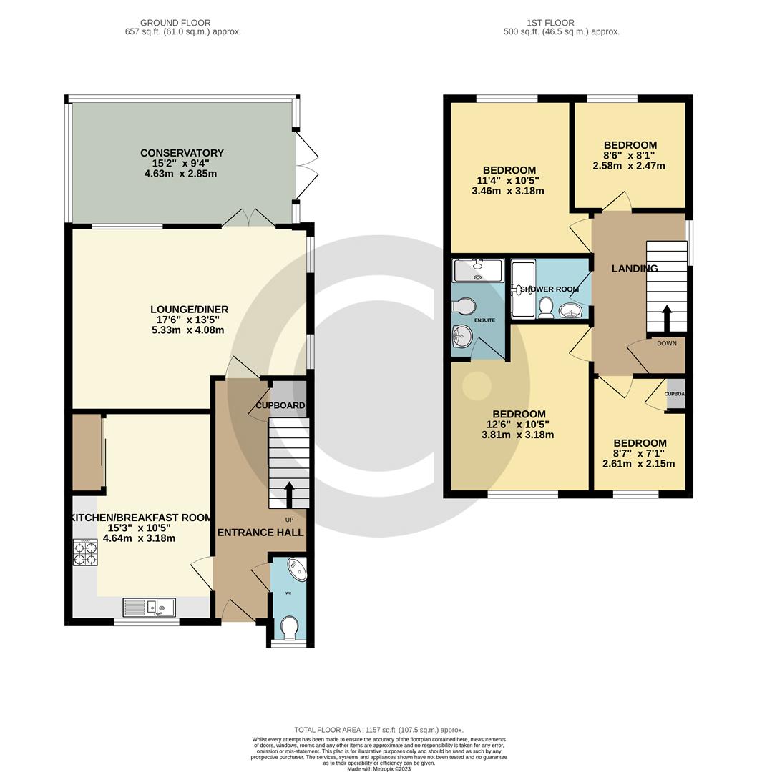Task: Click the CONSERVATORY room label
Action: point(182,153)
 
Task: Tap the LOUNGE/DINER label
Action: point(189,310)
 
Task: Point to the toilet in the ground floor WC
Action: point(289,630)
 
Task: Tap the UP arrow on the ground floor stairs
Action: point(289,494)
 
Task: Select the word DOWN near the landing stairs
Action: point(666,343)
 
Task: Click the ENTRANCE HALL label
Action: point(260,533)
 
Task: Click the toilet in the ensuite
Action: point(463,306)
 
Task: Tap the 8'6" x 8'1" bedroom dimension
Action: point(630,155)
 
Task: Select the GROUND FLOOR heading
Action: point(175,23)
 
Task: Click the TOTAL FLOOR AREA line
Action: point(375,729)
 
